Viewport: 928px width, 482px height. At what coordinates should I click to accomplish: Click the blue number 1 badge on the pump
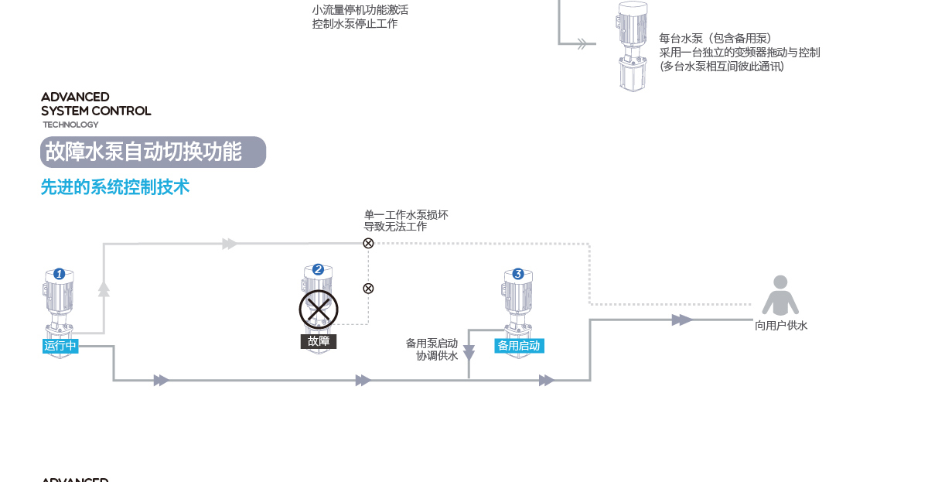tap(60, 274)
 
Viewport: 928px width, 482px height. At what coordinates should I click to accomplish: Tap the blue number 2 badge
tap(318, 270)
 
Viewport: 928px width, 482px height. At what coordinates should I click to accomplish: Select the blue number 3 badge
tap(518, 274)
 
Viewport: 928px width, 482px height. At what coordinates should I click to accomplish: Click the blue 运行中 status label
tap(60, 346)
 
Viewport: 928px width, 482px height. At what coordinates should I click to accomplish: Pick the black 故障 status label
tap(318, 341)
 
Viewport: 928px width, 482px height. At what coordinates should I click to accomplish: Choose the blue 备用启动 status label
tap(519, 346)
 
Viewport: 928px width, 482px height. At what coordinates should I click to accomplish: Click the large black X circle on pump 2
tap(319, 309)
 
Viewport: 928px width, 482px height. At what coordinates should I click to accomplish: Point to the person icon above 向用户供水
tap(780, 295)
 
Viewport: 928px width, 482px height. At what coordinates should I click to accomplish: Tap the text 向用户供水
tap(781, 326)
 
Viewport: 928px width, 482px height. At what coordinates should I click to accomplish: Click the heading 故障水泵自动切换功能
tap(143, 152)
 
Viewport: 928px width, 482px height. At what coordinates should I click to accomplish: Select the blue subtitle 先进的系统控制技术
tap(114, 187)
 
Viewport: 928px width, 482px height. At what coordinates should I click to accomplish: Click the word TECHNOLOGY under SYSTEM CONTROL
tap(70, 125)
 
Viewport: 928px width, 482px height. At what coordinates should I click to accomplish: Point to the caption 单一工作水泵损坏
tap(406, 214)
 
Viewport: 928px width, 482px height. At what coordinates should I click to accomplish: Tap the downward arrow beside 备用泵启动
tap(469, 353)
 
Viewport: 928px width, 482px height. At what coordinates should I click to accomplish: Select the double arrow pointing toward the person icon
tap(681, 320)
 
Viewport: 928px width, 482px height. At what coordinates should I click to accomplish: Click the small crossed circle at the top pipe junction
tap(368, 243)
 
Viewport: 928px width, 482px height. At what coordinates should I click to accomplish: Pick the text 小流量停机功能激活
tap(360, 10)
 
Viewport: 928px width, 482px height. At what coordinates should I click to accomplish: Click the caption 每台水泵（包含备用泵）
tap(715, 39)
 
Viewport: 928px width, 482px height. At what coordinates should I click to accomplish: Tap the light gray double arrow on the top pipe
tap(230, 244)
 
